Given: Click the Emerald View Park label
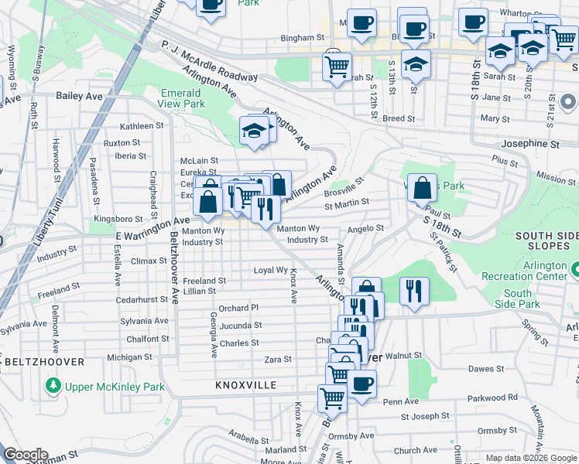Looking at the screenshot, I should click(183, 98).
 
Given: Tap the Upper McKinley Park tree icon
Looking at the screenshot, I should click(53, 385).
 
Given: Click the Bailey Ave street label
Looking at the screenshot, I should click(79, 96).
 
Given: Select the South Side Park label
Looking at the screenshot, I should click(518, 299).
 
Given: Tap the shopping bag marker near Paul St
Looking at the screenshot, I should click(422, 188).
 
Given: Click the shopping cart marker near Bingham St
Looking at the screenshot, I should click(337, 66).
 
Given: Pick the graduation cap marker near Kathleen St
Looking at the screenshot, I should click(253, 130).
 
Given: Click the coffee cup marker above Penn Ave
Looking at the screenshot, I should click(361, 384).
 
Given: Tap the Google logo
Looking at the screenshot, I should click(26, 455).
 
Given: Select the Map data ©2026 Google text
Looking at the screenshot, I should click(530, 458).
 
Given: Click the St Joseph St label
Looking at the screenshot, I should click(425, 417).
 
